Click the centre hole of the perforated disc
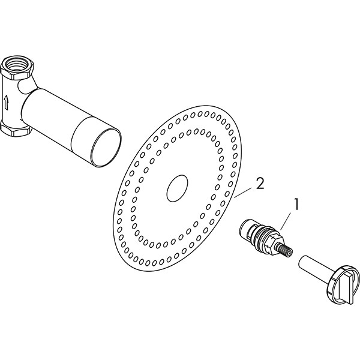click(177, 188)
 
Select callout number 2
click(259, 183)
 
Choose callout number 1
click(296, 204)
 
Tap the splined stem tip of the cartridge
click(288, 251)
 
